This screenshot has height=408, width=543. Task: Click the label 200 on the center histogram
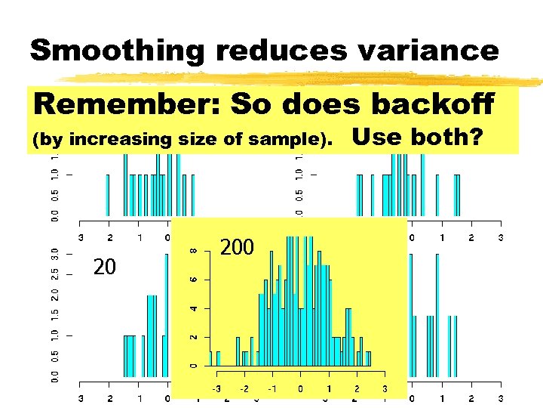[238, 247]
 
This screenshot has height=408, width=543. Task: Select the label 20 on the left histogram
[104, 267]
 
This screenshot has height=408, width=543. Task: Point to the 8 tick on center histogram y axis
[194, 251]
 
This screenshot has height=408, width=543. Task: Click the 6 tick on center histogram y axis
[194, 280]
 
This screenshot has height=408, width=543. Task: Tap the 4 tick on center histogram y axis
[194, 308]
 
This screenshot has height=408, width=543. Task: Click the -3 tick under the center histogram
[216, 388]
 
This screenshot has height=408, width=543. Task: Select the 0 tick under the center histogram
[300, 388]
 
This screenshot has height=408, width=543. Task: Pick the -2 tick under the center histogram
[244, 388]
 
